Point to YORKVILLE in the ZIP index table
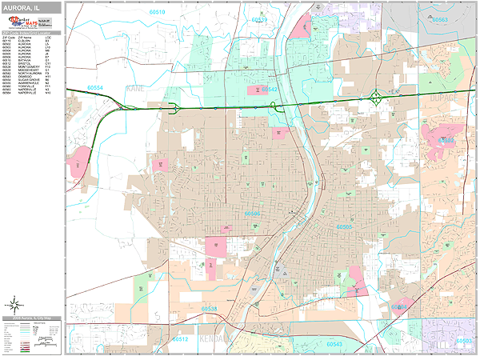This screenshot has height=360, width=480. pyautogui.click(x=25, y=87)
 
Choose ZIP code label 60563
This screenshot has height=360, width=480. pyautogui.click(x=441, y=20)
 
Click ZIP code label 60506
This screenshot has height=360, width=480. pyautogui.click(x=253, y=214)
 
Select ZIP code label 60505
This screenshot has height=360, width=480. pyautogui.click(x=344, y=227)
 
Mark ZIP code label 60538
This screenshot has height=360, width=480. pyautogui.click(x=210, y=308)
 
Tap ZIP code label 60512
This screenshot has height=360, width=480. pyautogui.click(x=179, y=339)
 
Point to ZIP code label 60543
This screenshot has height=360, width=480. pyautogui.click(x=334, y=344)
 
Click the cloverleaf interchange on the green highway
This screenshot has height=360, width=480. pyautogui.click(x=375, y=98)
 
